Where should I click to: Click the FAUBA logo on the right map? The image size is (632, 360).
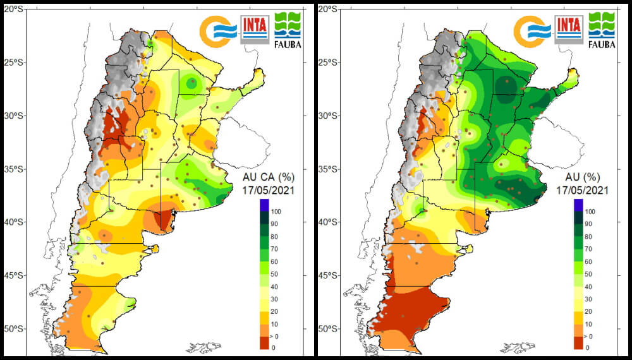tap(602, 30)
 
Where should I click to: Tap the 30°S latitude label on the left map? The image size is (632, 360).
tap(14, 116)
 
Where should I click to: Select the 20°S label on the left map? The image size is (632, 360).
tap(14, 9)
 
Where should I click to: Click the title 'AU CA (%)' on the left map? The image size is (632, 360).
tap(269, 177)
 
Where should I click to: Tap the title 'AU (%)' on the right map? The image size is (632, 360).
tap(583, 177)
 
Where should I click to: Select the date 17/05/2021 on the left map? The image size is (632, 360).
tap(269, 190)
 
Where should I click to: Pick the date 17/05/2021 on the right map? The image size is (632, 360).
tap(583, 190)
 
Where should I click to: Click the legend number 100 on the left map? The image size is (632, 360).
tap(277, 212)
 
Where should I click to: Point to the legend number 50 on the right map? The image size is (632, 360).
tap(588, 274)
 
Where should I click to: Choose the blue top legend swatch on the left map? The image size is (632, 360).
tap(264, 205)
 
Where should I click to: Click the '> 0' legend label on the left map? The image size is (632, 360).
tap(276, 337)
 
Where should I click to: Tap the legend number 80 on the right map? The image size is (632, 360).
tap(588, 237)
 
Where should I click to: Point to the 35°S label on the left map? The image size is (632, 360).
tap(14, 169)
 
